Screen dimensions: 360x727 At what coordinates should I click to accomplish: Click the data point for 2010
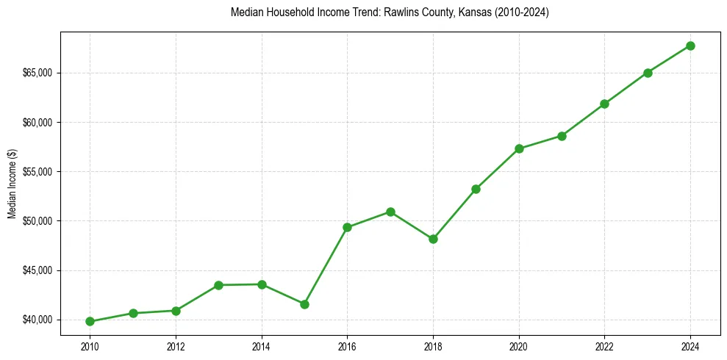click(90, 321)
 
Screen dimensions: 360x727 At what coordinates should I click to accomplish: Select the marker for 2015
click(304, 304)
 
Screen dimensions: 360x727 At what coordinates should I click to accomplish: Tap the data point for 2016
click(347, 227)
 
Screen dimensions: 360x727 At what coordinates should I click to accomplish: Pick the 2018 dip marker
click(433, 239)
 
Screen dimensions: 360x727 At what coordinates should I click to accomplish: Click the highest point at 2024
click(690, 46)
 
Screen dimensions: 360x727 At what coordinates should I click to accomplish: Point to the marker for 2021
click(562, 136)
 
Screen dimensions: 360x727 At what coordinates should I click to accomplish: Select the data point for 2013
click(218, 285)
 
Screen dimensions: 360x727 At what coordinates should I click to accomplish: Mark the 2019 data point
click(476, 189)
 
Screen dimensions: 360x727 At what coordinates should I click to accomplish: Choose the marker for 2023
click(648, 73)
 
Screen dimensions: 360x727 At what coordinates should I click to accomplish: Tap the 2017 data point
click(390, 212)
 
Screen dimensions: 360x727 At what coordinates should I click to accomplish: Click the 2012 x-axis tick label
click(176, 345)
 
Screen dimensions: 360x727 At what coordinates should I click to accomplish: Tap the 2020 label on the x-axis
click(519, 345)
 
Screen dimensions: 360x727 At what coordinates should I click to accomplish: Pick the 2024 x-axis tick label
click(690, 345)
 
